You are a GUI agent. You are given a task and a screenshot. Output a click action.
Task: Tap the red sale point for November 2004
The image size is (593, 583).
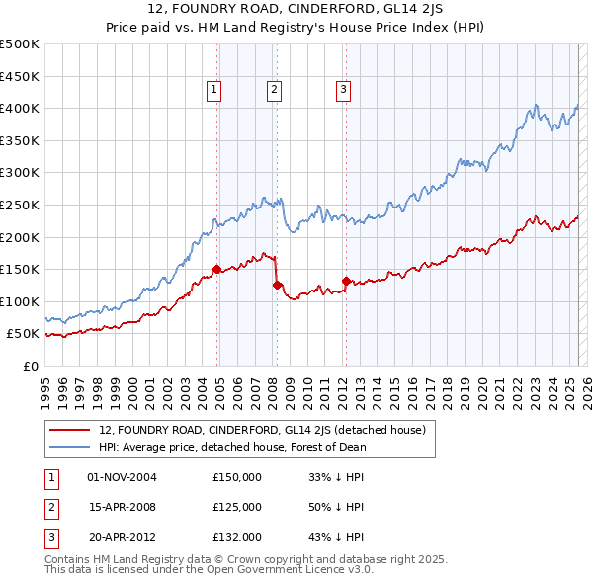pyautogui.click(x=216, y=269)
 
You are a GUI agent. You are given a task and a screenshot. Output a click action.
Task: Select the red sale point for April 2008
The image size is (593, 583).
pyautogui.click(x=277, y=285)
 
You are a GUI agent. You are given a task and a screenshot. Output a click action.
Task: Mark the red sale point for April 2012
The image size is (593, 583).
pyautogui.click(x=346, y=281)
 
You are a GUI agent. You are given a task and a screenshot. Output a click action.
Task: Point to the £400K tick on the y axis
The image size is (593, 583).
pyautogui.click(x=20, y=108)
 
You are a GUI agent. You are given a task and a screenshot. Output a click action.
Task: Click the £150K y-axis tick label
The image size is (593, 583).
pyautogui.click(x=20, y=269)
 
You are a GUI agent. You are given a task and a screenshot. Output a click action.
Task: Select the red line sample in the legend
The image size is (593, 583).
pyautogui.click(x=71, y=430)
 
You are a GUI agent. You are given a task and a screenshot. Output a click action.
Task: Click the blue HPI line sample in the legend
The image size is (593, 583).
pyautogui.click(x=71, y=447)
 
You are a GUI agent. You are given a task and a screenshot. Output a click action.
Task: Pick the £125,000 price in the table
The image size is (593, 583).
pyautogui.click(x=237, y=507)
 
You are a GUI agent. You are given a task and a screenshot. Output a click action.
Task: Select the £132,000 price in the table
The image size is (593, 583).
pyautogui.click(x=237, y=537)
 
